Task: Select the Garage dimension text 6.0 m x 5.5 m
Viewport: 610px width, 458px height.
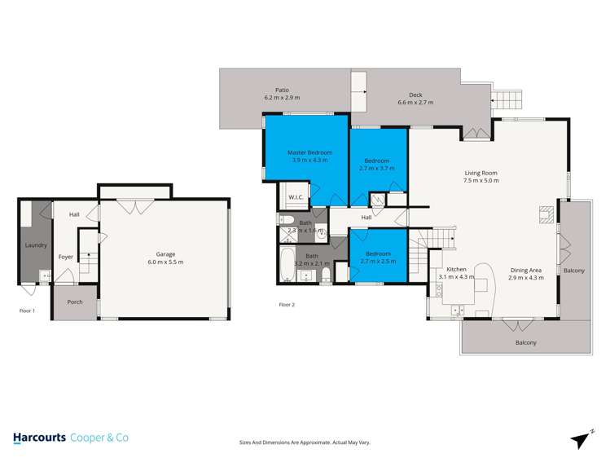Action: (x=165, y=262)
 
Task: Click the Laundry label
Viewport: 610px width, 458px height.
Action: (x=36, y=244)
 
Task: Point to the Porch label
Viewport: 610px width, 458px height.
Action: (x=75, y=302)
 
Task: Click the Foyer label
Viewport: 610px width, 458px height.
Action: (x=65, y=257)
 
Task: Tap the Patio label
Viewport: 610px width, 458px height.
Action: (x=282, y=90)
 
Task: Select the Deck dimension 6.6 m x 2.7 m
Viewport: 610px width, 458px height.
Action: (x=415, y=103)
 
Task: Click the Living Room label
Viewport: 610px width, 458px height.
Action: (x=481, y=173)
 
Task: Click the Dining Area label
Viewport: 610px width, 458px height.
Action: (x=524, y=270)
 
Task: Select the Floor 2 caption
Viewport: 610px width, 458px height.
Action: (x=287, y=304)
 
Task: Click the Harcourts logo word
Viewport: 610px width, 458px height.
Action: (x=39, y=438)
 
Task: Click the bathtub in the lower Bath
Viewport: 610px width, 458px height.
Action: (x=287, y=264)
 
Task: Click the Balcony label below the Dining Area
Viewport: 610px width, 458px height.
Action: (x=525, y=342)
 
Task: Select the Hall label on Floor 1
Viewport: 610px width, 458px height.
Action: (x=74, y=214)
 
